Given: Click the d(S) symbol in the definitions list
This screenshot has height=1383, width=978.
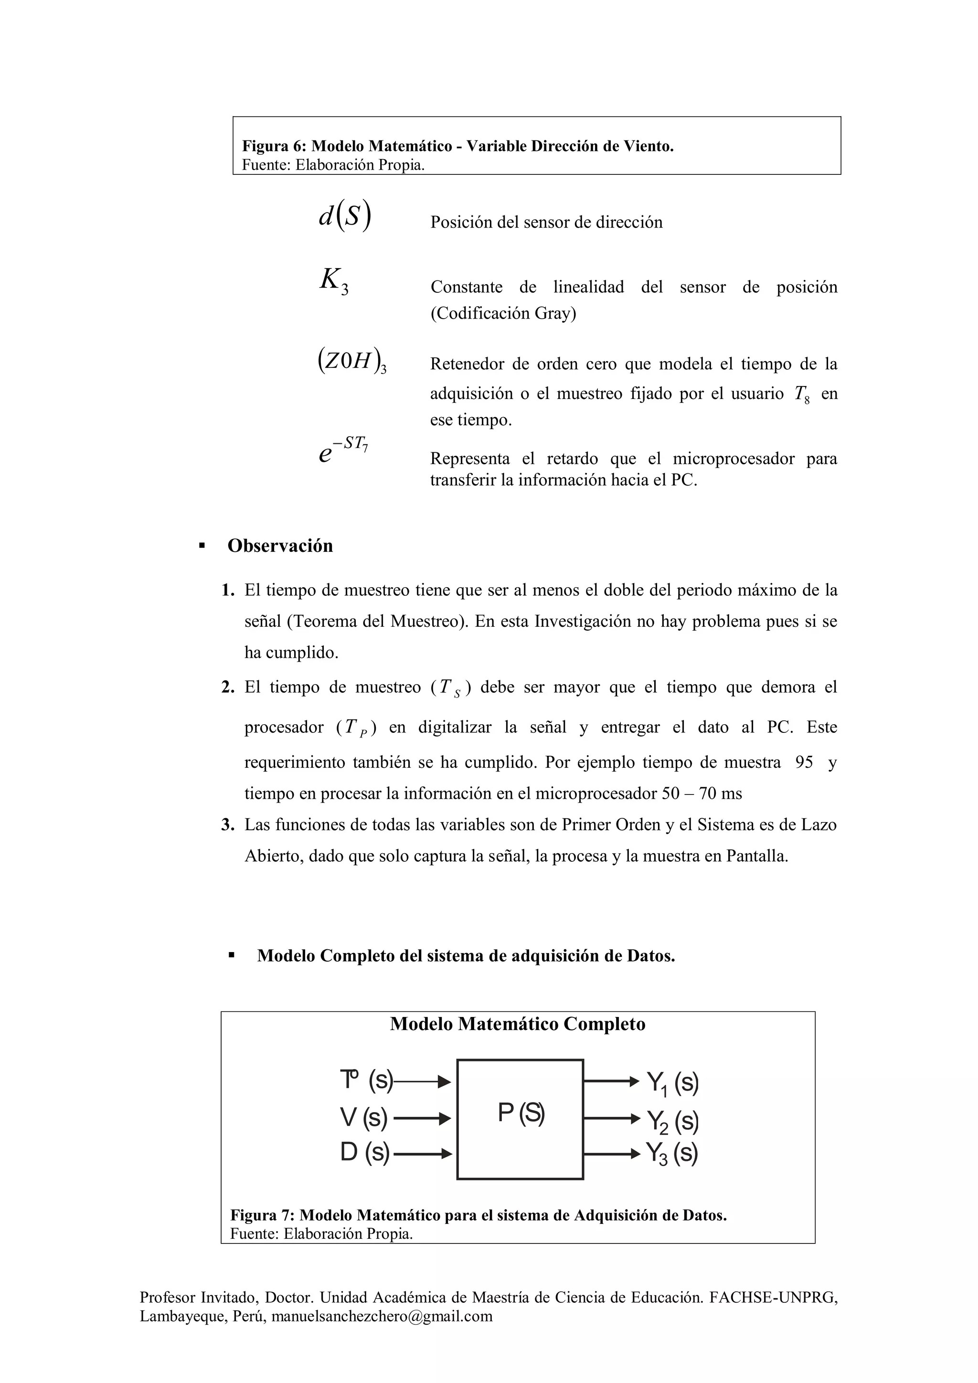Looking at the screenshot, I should click(x=345, y=216).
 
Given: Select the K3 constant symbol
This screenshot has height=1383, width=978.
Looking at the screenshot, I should click(x=334, y=281).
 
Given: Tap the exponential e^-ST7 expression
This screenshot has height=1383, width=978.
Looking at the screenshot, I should click(x=343, y=450).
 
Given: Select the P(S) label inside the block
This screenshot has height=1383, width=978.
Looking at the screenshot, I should click(x=521, y=1113).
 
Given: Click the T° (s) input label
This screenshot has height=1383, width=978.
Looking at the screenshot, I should click(x=366, y=1080).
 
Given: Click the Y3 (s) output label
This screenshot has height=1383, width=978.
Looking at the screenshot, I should click(x=672, y=1154).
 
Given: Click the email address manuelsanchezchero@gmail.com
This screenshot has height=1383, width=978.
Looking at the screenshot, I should click(x=382, y=1333).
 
